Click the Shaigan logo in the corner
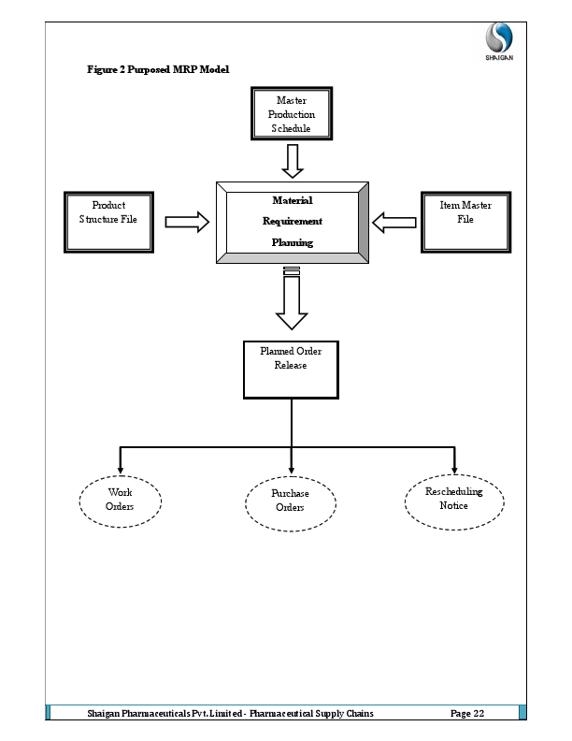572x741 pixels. [498, 41]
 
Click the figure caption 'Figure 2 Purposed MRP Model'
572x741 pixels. [157, 70]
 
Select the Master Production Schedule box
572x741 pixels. [292, 114]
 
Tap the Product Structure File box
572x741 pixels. [108, 222]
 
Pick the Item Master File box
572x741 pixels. [465, 222]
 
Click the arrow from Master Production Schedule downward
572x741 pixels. [293, 160]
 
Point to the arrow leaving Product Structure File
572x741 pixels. [188, 222]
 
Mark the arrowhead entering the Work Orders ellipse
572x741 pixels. [120, 469]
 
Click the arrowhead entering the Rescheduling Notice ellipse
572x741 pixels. [454, 469]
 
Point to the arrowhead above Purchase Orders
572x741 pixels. [292, 469]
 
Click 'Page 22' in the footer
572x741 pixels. [466, 714]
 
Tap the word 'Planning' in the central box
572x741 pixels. [292, 242]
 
